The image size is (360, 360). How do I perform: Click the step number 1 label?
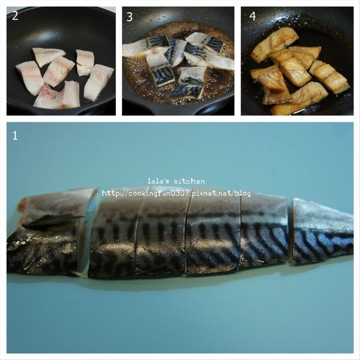[x=15, y=135]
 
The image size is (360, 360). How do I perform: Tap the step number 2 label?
[x=15, y=16]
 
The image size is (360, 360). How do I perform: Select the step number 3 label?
[x=129, y=17]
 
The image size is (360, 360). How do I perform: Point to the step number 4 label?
[x=253, y=16]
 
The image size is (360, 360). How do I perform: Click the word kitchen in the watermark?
[x=189, y=181]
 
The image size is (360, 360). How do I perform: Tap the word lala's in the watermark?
[x=158, y=181]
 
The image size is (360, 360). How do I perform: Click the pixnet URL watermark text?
[x=176, y=193]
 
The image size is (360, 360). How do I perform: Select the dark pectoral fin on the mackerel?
[x=52, y=220]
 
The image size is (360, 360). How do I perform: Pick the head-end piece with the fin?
[x=48, y=232]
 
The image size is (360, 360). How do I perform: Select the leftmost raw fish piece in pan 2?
[x=30, y=78]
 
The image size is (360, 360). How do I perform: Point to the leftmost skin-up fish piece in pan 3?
[x=145, y=47]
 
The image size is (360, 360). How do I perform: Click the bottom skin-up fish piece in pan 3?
[x=188, y=82]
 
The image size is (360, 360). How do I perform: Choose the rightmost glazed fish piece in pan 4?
[x=329, y=76]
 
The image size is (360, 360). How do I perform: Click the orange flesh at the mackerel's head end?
[x=22, y=204]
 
